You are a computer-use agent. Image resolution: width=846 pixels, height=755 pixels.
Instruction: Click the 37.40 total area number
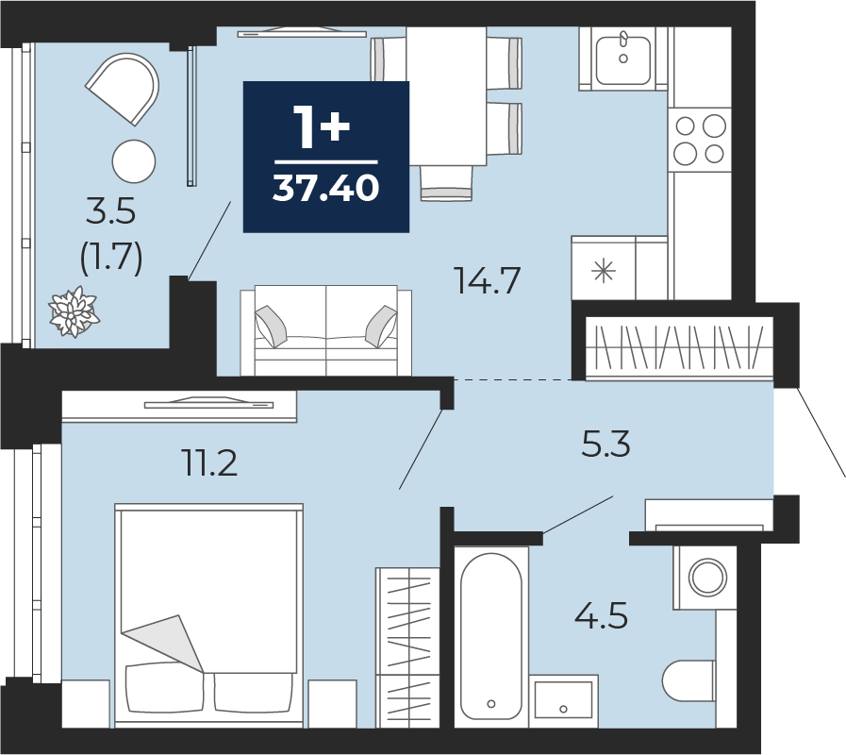pyautogui.click(x=326, y=188)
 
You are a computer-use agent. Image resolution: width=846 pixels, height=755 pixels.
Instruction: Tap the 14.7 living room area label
pyautogui.click(x=488, y=280)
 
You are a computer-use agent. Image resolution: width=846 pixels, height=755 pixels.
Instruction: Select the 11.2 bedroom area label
pyautogui.click(x=210, y=462)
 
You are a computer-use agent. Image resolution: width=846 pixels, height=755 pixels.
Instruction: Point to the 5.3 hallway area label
pyautogui.click(x=605, y=445)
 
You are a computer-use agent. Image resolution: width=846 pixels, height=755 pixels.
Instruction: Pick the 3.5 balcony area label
pyautogui.click(x=110, y=210)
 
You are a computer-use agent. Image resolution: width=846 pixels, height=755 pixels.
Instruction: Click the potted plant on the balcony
pyautogui.click(x=74, y=312)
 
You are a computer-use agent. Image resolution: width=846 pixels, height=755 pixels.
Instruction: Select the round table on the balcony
pyautogui.click(x=134, y=161)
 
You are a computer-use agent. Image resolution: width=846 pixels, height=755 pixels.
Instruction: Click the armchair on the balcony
pyautogui.click(x=124, y=88)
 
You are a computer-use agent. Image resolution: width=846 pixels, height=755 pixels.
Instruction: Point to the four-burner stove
pyautogui.click(x=700, y=140)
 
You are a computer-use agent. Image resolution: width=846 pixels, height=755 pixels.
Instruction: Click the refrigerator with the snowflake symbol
pyautogui.click(x=604, y=268)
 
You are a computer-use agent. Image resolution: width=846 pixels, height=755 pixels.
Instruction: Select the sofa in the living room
pyautogui.click(x=326, y=330)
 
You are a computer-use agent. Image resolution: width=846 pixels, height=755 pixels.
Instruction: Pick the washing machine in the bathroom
pyautogui.click(x=705, y=578)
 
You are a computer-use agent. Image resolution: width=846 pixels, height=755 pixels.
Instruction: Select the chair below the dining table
pyautogui.click(x=446, y=184)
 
